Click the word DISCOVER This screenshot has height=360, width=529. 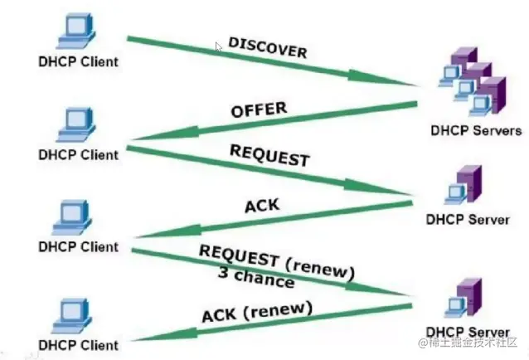pyautogui.click(x=268, y=47)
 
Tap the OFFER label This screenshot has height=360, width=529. pyautogui.click(x=259, y=109)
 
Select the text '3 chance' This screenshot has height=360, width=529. pyautogui.click(x=256, y=277)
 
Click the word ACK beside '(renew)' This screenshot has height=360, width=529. pyautogui.click(x=219, y=316)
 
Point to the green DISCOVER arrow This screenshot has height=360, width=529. pyautogui.click(x=273, y=61)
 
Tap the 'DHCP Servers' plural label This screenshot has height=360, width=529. pyautogui.click(x=476, y=130)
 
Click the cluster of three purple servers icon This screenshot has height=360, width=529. pyautogui.click(x=473, y=81)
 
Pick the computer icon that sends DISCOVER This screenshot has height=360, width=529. pyautogui.click(x=76, y=31)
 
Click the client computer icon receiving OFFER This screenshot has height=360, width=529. pyautogui.click(x=76, y=124)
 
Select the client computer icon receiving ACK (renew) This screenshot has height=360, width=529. pyautogui.click(x=71, y=316)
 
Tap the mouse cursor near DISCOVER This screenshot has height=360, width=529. pyautogui.click(x=219, y=47)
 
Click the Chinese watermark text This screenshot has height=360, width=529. pyautogui.click(x=468, y=342)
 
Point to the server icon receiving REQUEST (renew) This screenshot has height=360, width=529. pyautogui.click(x=463, y=299)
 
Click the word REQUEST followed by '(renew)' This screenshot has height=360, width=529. pyautogui.click(x=239, y=255)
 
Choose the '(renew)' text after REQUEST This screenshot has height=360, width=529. pyautogui.click(x=320, y=270)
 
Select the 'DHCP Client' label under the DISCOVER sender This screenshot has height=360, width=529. pyautogui.click(x=78, y=61)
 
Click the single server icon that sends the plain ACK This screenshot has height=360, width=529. pyautogui.click(x=463, y=185)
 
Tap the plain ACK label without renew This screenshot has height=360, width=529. pyautogui.click(x=262, y=206)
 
